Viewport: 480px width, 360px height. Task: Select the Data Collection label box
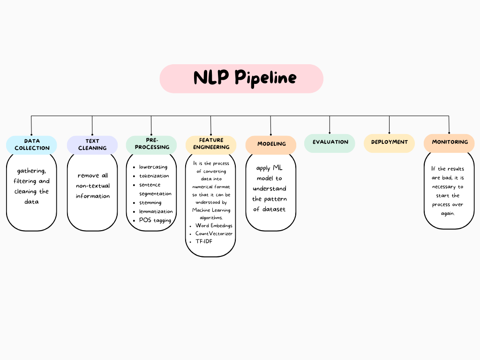(x=31, y=144)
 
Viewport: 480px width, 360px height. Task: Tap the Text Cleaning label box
(x=92, y=144)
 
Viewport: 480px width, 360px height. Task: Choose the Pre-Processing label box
(x=151, y=144)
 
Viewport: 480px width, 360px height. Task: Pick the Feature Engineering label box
(x=211, y=143)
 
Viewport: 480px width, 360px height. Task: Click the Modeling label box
(x=271, y=144)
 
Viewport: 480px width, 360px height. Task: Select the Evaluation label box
(x=330, y=142)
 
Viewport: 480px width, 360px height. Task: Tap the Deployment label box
(x=389, y=142)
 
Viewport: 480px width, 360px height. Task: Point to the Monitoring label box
(x=449, y=142)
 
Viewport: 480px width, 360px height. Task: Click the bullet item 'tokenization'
(x=154, y=176)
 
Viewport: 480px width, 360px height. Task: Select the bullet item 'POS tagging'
(x=155, y=220)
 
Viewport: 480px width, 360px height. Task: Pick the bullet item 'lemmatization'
(x=156, y=211)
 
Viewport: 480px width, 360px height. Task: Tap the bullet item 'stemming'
(x=150, y=202)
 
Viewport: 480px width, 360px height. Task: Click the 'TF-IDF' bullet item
(x=204, y=241)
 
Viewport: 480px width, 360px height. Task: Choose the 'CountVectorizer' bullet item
(x=214, y=233)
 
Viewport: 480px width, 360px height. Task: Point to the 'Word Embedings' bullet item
(x=214, y=225)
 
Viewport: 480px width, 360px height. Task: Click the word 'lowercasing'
(x=153, y=167)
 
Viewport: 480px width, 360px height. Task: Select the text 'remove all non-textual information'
(x=93, y=186)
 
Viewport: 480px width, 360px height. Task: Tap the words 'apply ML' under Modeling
(x=270, y=168)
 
